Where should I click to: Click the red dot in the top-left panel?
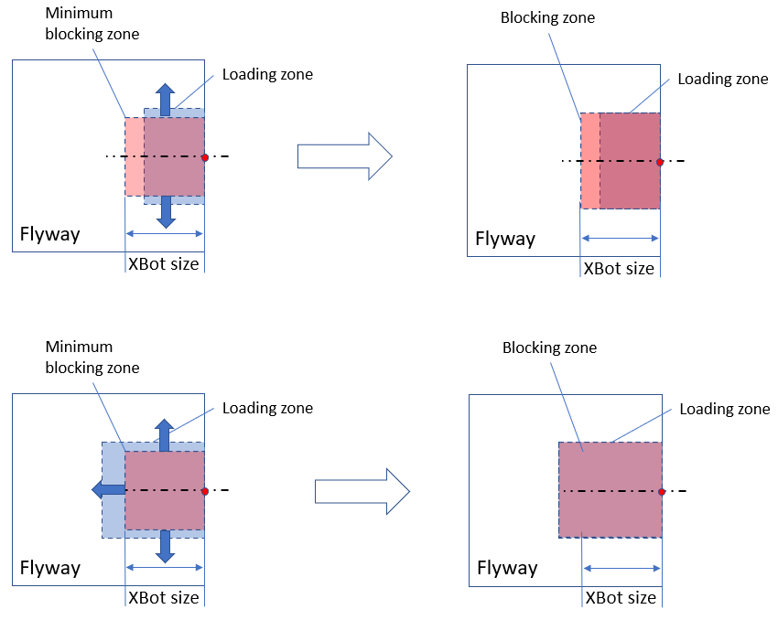tap(205, 157)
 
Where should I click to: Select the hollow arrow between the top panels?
tap(344, 156)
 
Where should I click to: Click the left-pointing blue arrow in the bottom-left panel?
tap(108, 490)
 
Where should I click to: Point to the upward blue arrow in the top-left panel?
tap(165, 99)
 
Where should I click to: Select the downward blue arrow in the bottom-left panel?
tap(165, 546)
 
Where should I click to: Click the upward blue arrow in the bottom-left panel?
tap(165, 434)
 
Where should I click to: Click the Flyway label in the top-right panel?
tap(505, 240)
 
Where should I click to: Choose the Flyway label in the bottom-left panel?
tap(50, 568)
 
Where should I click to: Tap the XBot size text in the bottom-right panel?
tap(621, 598)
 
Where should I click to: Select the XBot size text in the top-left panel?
tap(163, 265)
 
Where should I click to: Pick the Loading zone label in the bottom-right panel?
tap(724, 409)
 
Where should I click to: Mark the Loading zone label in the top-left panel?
tap(267, 75)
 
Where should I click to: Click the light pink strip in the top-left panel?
tap(134, 156)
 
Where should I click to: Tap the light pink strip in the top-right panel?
tap(590, 161)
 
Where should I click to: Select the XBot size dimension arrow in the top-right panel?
tap(621, 238)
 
